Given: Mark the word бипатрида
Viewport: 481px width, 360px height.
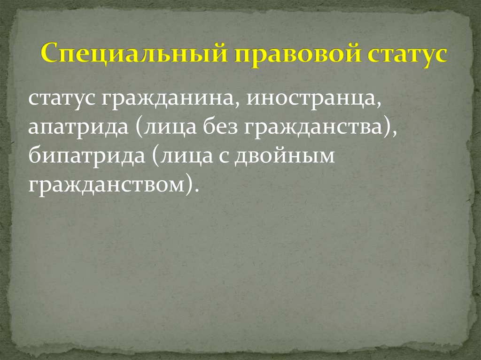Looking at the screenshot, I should tap(83, 156).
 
